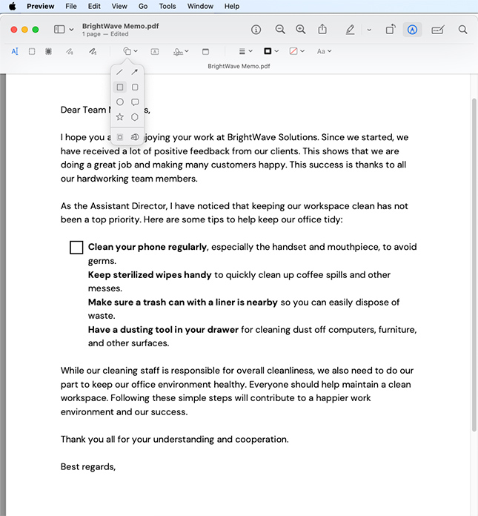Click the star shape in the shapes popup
pos(120,117)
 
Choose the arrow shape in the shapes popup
pos(135,72)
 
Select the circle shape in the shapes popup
pos(120,102)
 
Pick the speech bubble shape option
pos(135,102)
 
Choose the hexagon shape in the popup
pos(135,117)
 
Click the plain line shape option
pos(120,72)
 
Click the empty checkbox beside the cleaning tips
pos(76,248)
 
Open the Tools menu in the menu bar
pos(167,6)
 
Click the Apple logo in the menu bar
pos(11,6)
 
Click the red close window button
pos(14,30)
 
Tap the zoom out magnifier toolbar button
pos(280,30)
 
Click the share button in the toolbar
pos(322,30)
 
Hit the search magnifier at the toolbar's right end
pos(462,30)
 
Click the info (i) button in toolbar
pos(256,30)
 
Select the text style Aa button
pos(323,51)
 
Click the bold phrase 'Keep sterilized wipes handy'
pos(150,275)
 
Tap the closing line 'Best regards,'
pos(88,466)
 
